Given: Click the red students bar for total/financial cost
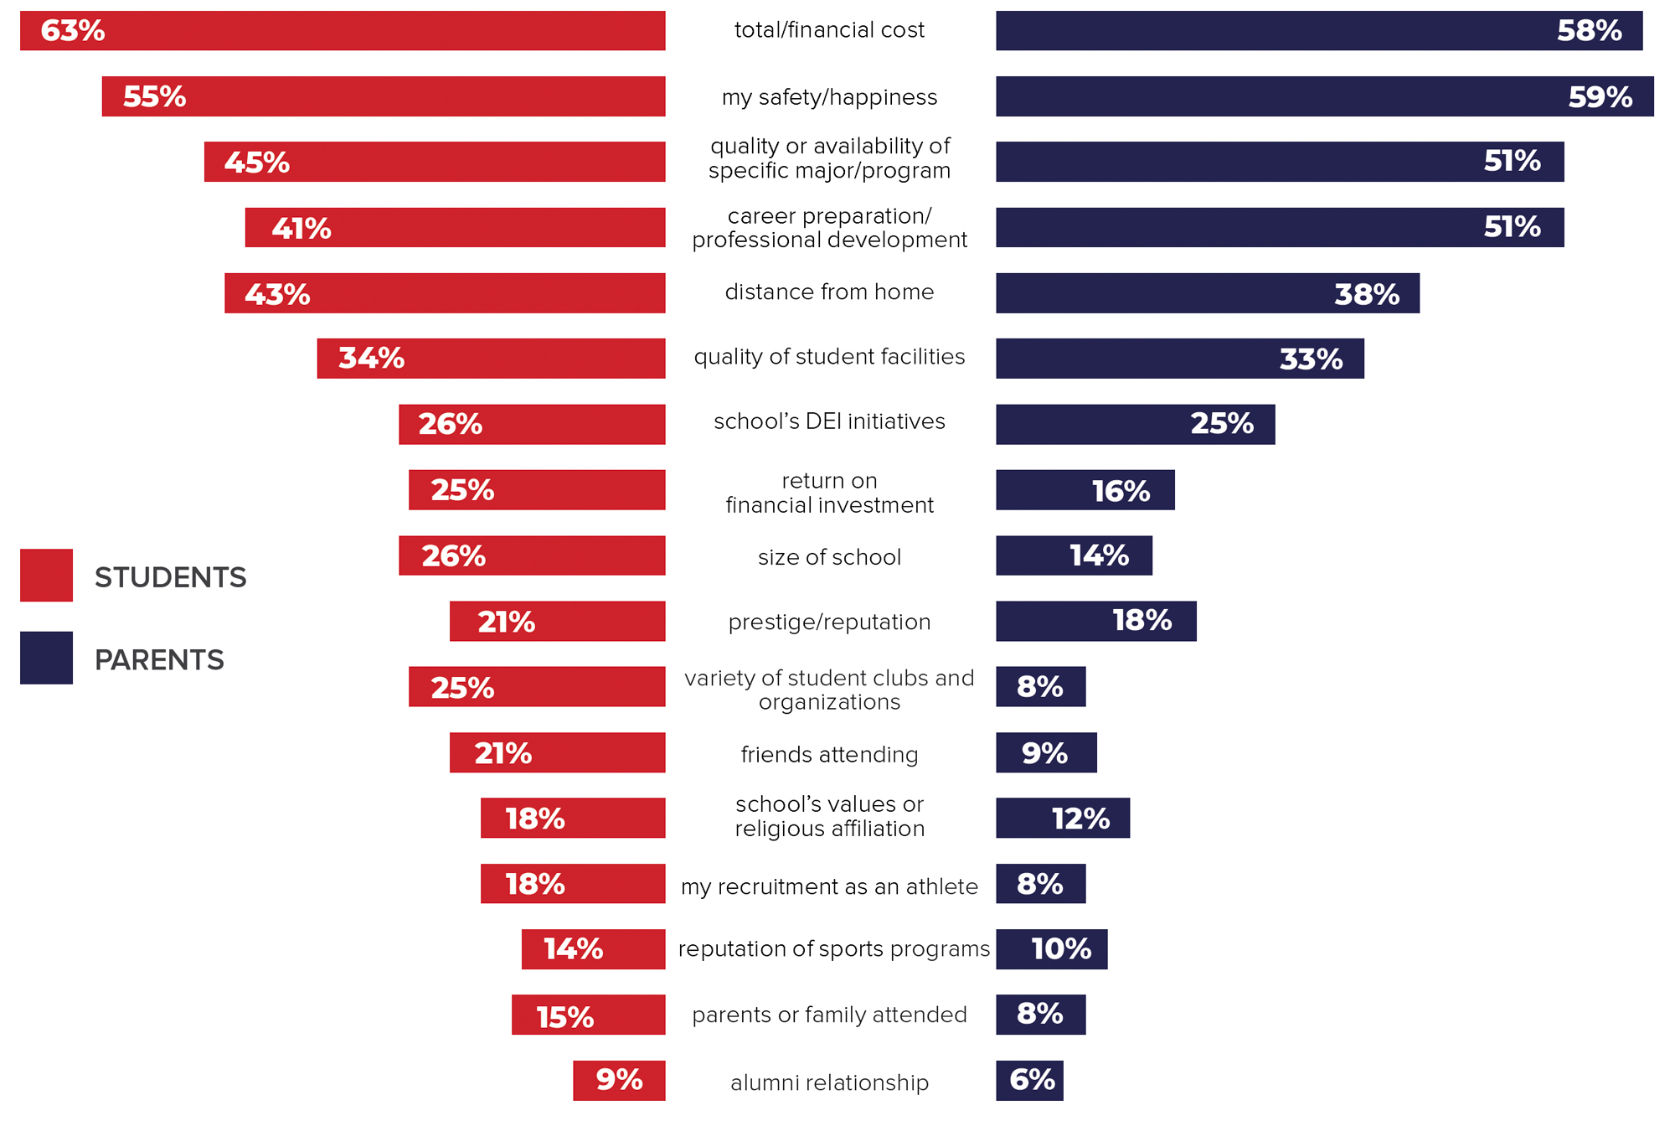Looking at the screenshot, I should coord(343,31).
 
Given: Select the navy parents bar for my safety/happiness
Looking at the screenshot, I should coord(1324,96).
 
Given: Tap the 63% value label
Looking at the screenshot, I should coord(73,31).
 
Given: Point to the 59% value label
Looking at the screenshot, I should coord(1600,97).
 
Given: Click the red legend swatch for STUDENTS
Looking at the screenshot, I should coord(46,576).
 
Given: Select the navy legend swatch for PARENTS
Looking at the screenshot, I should coord(46,658).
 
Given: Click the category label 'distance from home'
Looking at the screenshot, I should coord(829,292).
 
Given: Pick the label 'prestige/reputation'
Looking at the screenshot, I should coord(829,622).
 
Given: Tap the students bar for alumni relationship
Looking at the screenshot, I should coord(619,1080).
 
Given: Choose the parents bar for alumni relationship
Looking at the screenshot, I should coord(1029,1080).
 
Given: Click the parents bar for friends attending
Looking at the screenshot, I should coord(1046,752).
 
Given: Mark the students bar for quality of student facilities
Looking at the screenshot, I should coord(491,359).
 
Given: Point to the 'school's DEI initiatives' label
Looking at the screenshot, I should coord(829,421).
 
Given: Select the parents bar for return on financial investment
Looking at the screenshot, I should coord(1085,490).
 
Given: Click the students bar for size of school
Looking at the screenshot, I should coord(532,555).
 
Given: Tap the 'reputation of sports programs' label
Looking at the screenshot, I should coord(833,949).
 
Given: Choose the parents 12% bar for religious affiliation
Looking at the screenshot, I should coord(1062,818).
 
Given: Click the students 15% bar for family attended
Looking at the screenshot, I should coord(588,1015).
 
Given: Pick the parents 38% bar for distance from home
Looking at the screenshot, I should coord(1207,293).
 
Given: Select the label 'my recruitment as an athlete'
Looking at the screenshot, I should coord(829,886).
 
